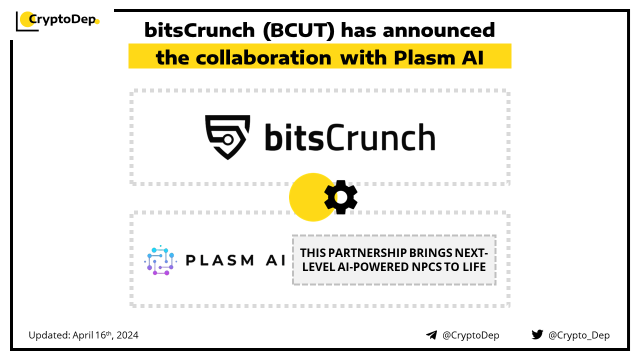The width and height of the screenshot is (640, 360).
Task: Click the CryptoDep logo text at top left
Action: [x=62, y=19]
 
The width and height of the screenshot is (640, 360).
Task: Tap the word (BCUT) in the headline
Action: [x=298, y=30]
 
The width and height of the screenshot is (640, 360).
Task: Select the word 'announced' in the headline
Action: [x=439, y=30]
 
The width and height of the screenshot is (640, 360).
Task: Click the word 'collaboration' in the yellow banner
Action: [x=263, y=57]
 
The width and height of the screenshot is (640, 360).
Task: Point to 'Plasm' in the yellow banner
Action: [x=424, y=57]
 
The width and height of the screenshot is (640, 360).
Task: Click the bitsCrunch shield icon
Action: [x=227, y=137]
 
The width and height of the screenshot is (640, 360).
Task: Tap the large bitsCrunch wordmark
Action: [x=350, y=137]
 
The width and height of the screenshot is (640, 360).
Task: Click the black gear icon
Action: [x=341, y=197]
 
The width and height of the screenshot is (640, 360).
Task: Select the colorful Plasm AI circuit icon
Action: [x=160, y=260]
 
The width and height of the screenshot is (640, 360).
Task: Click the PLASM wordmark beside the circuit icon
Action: [x=219, y=260]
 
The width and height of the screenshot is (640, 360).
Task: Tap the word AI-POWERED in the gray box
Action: [x=373, y=267]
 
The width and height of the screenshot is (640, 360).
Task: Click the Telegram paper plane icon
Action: [x=431, y=335]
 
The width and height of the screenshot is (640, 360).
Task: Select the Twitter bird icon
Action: [x=537, y=334]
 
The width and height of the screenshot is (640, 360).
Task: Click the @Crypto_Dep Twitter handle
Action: [x=579, y=335]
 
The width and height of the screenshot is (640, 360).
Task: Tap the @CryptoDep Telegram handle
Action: [x=470, y=335]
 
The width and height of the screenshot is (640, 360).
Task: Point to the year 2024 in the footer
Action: [x=127, y=335]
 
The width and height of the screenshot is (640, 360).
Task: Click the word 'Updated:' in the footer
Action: [x=49, y=335]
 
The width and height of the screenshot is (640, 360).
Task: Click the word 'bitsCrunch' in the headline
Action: [x=199, y=30]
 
